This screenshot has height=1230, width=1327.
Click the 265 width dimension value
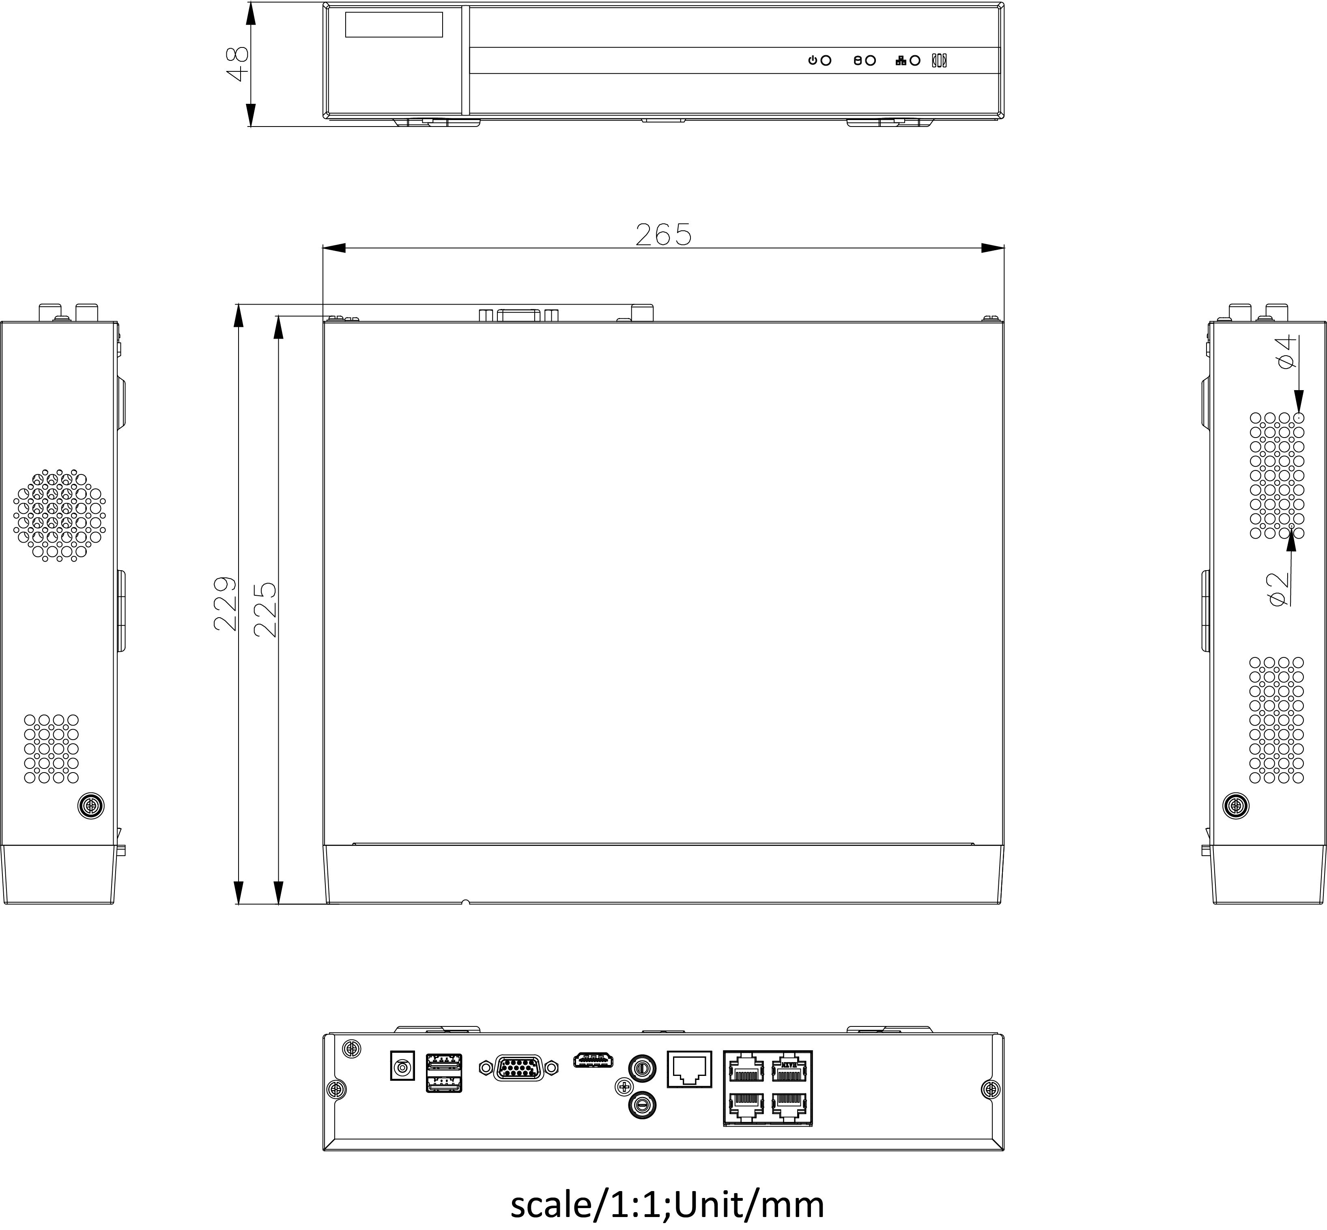(663, 234)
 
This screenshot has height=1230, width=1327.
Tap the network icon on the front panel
(901, 60)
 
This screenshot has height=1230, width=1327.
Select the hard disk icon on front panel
(858, 60)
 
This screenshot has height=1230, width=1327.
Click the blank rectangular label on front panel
(394, 25)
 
